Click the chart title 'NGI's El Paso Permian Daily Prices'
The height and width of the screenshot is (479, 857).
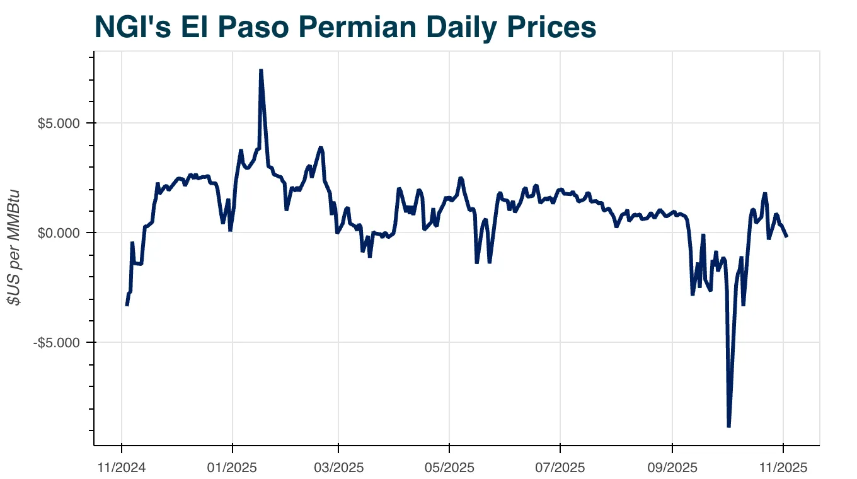coord(345,27)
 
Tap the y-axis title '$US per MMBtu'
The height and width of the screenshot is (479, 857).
coord(14,247)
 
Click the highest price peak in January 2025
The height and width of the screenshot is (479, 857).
coord(261,70)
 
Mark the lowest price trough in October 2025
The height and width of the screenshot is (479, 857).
coord(729,427)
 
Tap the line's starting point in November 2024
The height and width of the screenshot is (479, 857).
coord(127,306)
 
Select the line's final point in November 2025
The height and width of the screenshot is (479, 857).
coord(786,236)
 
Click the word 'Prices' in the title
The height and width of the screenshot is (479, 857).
coord(550,27)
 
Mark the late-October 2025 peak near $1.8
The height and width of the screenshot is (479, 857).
coord(764,193)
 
